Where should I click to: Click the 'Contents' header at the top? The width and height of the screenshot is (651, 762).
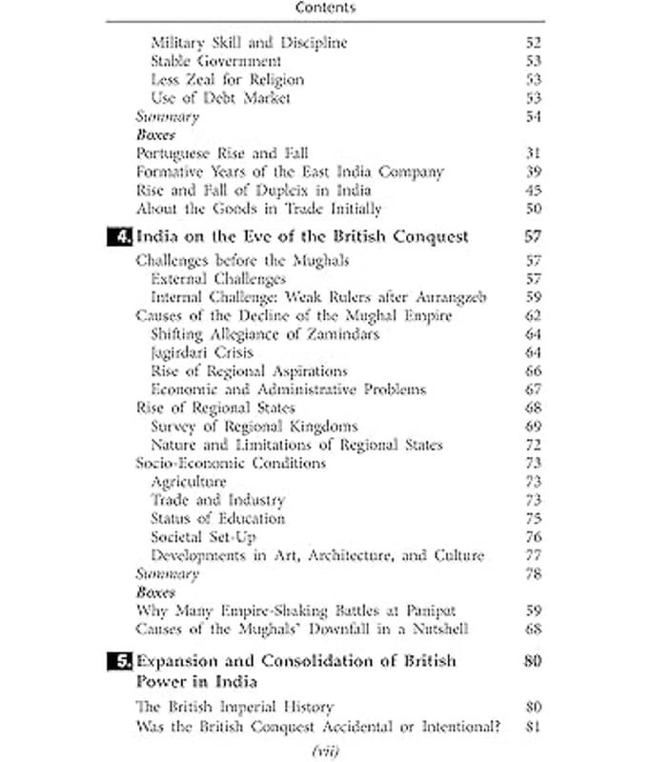(325, 8)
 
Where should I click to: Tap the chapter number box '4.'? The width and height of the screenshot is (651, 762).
(119, 236)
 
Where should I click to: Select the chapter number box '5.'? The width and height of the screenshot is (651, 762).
(119, 661)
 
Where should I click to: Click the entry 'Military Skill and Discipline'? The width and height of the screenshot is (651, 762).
(249, 43)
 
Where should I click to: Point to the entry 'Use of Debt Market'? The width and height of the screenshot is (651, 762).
(220, 98)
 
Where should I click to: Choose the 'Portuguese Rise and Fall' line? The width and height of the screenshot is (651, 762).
(222, 153)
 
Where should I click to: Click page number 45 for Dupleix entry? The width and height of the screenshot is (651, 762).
(533, 190)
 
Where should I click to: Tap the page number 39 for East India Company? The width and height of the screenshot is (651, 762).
(533, 172)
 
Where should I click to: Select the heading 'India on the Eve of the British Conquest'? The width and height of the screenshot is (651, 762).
(303, 236)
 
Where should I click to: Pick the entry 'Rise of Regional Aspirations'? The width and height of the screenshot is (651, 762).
(249, 371)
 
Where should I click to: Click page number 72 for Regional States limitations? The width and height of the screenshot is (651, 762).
(533, 445)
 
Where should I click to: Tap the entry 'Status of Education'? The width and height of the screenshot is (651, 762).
(217, 518)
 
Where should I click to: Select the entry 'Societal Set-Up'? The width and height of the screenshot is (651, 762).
(203, 537)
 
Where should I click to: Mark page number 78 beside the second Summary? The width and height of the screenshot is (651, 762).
(533, 574)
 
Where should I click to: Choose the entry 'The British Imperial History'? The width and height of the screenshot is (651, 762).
(234, 708)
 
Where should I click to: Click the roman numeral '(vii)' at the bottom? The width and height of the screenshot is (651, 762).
(325, 752)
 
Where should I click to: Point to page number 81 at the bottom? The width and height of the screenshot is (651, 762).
(533, 727)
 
